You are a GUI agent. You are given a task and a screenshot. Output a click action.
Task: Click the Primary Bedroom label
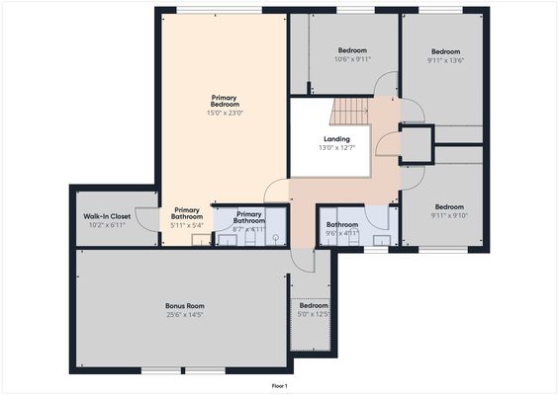click(x=225, y=101)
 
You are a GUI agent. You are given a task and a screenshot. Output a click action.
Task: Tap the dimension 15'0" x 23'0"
click(x=225, y=114)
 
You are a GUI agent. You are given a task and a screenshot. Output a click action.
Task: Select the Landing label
click(x=336, y=139)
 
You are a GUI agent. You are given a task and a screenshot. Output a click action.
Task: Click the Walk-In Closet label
click(x=107, y=215)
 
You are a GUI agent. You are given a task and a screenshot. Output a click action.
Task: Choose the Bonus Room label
click(x=184, y=306)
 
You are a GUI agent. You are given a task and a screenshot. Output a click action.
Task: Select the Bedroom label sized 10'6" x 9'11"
click(x=352, y=49)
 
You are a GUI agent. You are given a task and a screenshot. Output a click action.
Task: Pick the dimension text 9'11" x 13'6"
click(x=447, y=59)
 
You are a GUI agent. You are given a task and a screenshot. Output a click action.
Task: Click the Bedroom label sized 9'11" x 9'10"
click(x=449, y=207)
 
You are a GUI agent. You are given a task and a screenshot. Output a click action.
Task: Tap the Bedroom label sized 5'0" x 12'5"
click(x=314, y=306)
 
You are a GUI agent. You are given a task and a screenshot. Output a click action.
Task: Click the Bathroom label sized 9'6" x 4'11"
click(x=342, y=224)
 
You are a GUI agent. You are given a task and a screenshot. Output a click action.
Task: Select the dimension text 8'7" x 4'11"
click(x=249, y=228)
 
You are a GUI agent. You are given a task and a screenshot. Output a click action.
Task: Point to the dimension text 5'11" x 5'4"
click(x=187, y=225)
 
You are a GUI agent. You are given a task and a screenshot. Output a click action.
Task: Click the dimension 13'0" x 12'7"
click(x=336, y=148)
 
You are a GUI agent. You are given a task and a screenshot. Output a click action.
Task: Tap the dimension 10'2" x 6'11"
click(x=107, y=224)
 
